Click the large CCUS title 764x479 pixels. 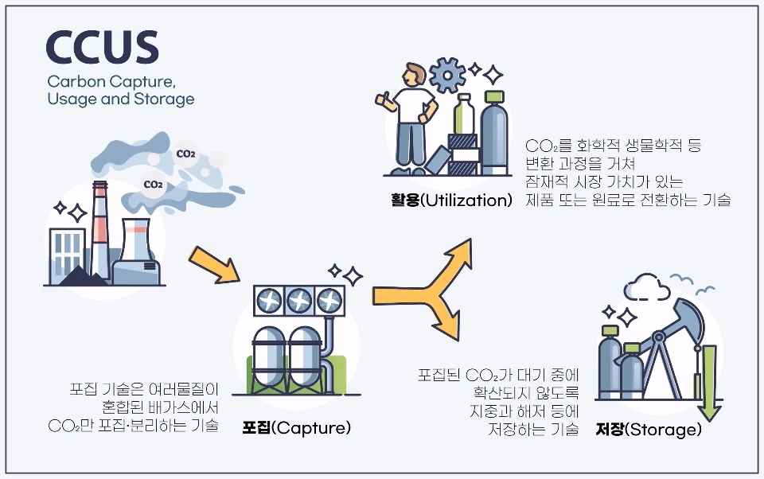(x=102, y=48)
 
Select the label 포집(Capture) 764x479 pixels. (x=297, y=428)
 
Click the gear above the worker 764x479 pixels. (x=447, y=76)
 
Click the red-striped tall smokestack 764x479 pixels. (x=99, y=231)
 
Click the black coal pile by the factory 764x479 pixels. (x=80, y=278)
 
